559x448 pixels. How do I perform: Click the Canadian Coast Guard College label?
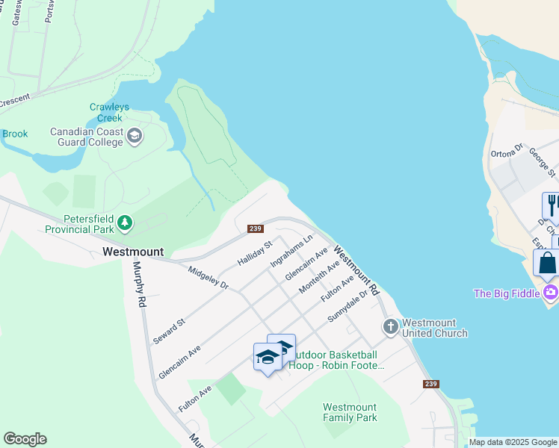(86, 137)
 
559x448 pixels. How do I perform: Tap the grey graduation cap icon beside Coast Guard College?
(135, 135)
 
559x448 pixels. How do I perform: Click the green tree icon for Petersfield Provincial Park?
(126, 222)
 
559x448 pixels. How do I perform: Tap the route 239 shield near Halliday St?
(255, 228)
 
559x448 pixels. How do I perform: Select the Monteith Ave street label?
(319, 277)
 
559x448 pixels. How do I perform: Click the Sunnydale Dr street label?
(349, 306)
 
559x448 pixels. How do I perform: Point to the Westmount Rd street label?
(356, 270)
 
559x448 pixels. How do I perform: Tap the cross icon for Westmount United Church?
(390, 327)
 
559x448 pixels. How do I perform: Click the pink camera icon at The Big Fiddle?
(551, 292)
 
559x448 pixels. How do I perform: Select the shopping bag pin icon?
(547, 263)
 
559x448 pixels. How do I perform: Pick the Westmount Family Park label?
(349, 412)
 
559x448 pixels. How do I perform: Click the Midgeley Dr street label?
(209, 277)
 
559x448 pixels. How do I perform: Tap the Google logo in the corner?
(25, 439)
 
